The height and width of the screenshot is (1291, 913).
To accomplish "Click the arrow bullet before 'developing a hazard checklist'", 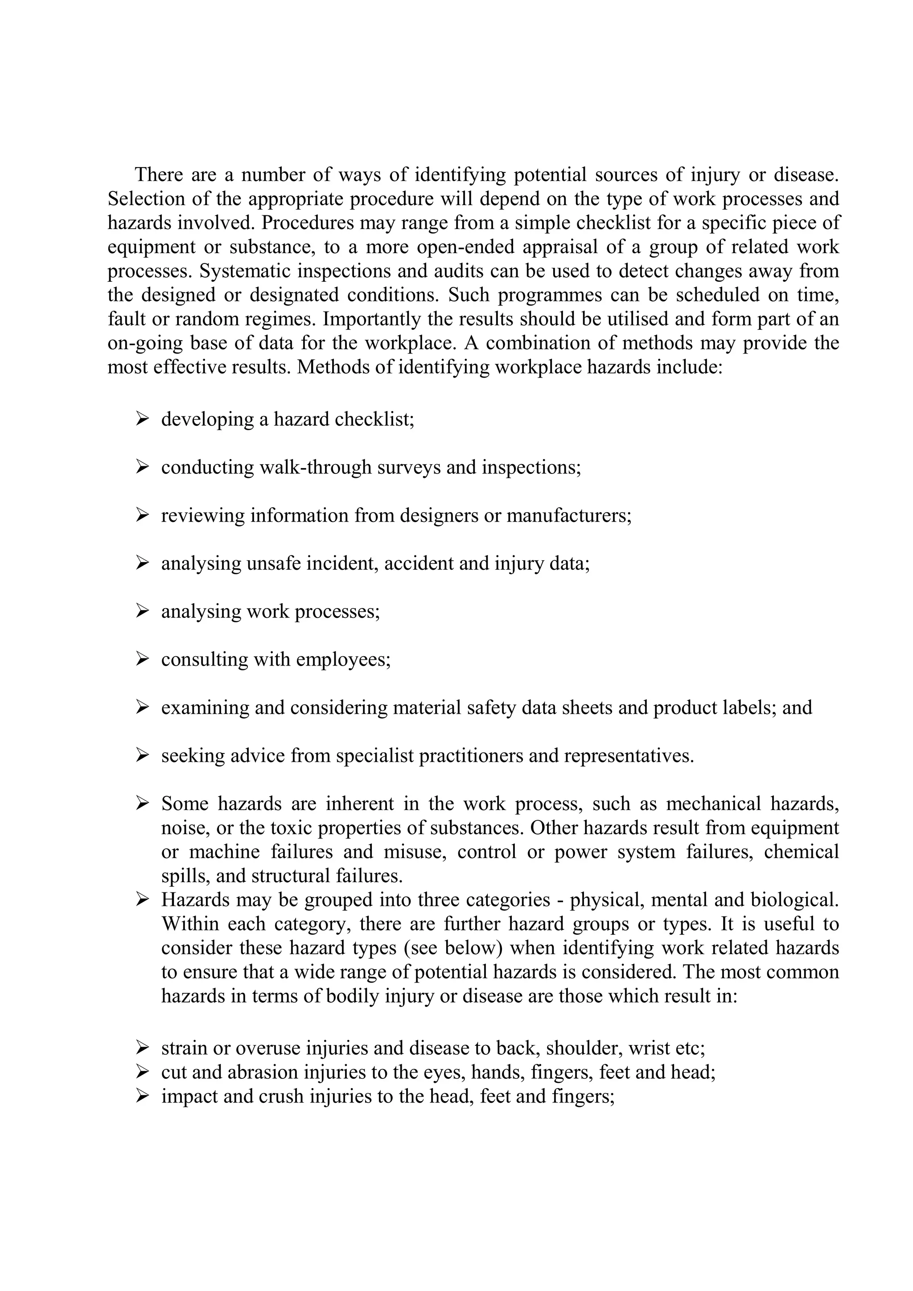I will pyautogui.click(x=142, y=419).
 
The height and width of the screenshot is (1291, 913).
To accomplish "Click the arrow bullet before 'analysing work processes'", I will pyautogui.click(x=142, y=611).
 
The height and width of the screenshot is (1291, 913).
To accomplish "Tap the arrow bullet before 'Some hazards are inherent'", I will pyautogui.click(x=142, y=803).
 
